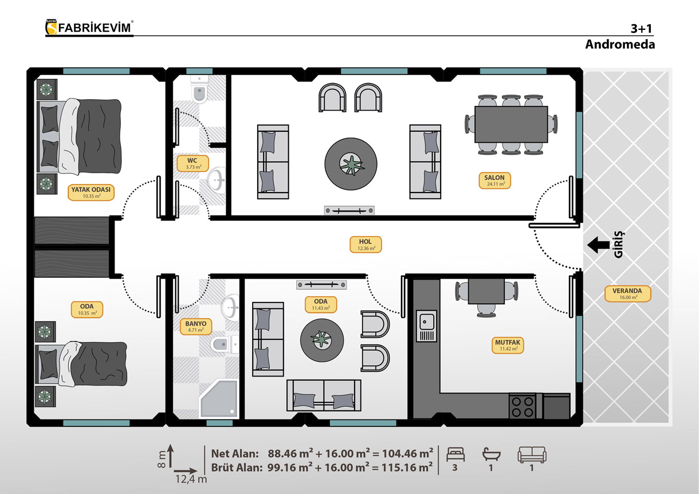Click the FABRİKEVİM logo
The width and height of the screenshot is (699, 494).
[89, 28]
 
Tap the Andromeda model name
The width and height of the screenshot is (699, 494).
[620, 44]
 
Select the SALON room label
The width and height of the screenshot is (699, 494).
[494, 181]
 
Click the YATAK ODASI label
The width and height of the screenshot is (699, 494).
[91, 192]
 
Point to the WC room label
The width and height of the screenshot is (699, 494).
[193, 163]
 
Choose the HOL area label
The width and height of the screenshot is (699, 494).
[366, 244]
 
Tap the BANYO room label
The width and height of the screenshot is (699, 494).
[195, 326]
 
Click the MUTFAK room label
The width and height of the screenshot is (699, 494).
[508, 345]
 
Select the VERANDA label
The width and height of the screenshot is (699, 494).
[627, 293]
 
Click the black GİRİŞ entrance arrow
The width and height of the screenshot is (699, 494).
[598, 245]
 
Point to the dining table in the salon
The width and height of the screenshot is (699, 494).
[511, 124]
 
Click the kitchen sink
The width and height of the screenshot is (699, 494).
[426, 326]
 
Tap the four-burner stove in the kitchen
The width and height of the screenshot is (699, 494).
[522, 407]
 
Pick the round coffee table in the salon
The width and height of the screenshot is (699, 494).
[351, 164]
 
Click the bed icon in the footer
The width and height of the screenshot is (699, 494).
[455, 454]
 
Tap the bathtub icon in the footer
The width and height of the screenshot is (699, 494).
[492, 454]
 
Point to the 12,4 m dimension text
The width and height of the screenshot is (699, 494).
[191, 479]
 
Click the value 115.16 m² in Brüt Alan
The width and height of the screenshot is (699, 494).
[407, 468]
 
